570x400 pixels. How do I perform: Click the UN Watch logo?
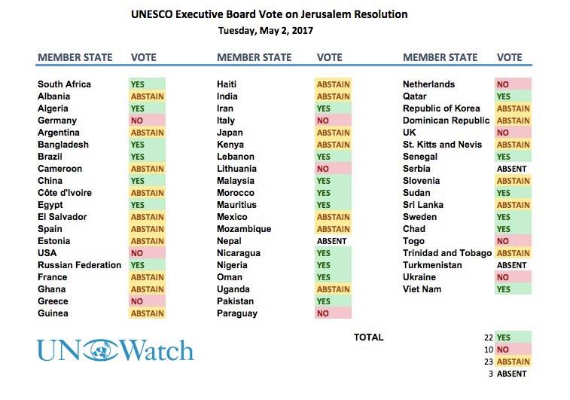115,350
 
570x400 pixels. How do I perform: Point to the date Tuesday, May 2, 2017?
265,31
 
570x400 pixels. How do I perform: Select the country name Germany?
57,121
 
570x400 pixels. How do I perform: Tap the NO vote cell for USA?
147,253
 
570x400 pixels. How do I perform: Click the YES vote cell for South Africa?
147,84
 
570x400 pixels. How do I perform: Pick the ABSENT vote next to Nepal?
332,241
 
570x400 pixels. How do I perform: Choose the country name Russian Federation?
79,265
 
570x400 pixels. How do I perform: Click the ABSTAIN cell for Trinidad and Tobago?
513,253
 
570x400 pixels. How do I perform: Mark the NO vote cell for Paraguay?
332,313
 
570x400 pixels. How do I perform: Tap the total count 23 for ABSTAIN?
489,362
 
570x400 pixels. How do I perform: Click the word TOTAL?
368,337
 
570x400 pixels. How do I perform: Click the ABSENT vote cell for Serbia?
512,169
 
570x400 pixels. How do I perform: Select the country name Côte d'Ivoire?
65,193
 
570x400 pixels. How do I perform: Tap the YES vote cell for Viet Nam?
512,289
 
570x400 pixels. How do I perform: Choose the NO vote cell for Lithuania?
332,169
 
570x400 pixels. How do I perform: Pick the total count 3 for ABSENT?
490,374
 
